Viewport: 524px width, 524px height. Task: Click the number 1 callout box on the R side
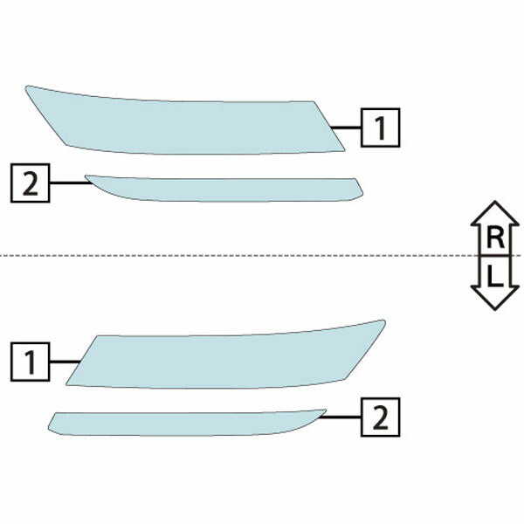tap(380, 128)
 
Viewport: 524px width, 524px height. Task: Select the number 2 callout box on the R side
tap(31, 183)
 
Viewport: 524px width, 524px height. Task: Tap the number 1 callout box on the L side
tap(31, 362)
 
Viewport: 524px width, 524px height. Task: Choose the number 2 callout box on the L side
tap(380, 417)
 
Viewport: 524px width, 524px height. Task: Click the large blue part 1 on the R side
tap(187, 125)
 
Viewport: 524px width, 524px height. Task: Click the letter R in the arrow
tap(495, 238)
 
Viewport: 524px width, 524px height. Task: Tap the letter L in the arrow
tap(495, 276)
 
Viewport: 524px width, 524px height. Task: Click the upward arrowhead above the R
tap(495, 213)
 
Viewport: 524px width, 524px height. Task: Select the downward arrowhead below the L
tap(495, 298)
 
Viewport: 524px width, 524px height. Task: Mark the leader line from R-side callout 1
tap(346, 128)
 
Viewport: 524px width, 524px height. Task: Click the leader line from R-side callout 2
tap(71, 183)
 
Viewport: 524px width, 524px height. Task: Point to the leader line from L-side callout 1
tap(65, 362)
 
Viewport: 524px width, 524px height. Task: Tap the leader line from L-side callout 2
tap(341, 417)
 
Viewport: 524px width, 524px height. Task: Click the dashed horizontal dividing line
tap(260, 256)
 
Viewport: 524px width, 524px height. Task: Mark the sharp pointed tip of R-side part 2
tap(86, 176)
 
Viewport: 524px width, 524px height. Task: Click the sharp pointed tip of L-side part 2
tap(326, 410)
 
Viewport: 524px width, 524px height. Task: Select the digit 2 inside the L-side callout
tap(380, 417)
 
